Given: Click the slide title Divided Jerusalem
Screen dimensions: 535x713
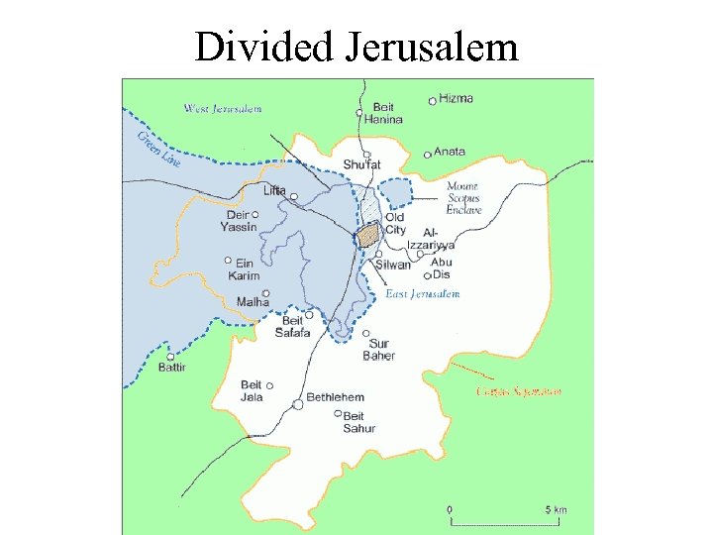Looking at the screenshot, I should tap(356, 47).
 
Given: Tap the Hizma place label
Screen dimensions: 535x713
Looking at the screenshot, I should tap(457, 98).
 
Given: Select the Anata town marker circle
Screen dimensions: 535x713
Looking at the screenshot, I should tap(427, 155).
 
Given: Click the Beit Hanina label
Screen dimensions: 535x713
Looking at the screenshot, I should tap(386, 113).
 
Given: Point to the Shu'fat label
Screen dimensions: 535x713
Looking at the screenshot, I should tap(361, 163).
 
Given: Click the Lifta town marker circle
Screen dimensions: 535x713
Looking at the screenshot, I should tap(293, 197).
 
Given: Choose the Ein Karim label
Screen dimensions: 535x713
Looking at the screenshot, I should tap(244, 269).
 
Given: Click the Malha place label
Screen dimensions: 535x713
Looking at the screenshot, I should tap(253, 301).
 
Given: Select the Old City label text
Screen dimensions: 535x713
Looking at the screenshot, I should tap(395, 223).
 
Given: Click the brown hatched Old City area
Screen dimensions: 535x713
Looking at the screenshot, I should tap(368, 235).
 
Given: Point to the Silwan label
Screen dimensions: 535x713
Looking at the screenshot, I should tap(393, 265).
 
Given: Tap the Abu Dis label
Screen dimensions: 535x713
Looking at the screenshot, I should tap(441, 267).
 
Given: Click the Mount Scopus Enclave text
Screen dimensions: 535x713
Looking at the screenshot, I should tap(463, 198).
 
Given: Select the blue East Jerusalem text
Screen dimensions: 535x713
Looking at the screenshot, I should tap(422, 294).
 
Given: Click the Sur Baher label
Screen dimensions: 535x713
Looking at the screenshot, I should tap(378, 350).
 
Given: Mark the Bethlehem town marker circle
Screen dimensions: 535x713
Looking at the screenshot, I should tap(298, 404).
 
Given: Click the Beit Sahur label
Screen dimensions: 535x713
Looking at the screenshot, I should tap(358, 422).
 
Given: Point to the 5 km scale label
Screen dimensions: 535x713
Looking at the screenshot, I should tap(557, 509).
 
